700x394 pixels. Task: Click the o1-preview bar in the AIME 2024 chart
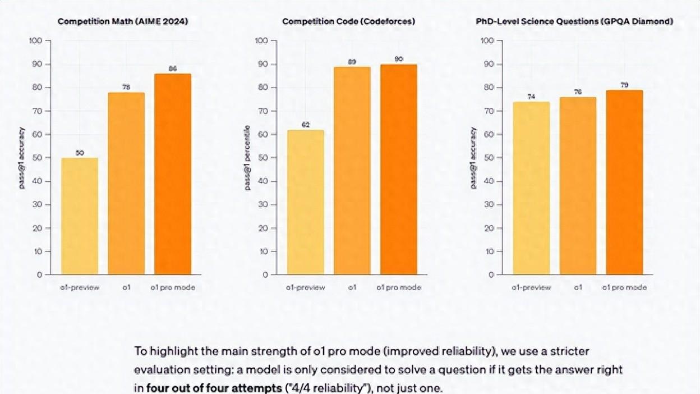[x=80, y=216]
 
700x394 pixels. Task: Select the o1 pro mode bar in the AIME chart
[x=173, y=174]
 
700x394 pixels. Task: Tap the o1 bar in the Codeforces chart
[x=352, y=171]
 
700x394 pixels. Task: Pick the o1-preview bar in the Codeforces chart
[x=305, y=202]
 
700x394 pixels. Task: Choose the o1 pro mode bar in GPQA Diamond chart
[x=624, y=182]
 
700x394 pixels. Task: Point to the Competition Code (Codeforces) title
[x=348, y=21]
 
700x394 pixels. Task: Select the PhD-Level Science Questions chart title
[x=574, y=21]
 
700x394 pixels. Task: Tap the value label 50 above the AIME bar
[x=80, y=153]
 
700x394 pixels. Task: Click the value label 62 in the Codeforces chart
[x=305, y=125]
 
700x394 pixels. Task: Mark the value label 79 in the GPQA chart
[x=624, y=85]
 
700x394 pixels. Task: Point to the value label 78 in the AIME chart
[x=126, y=88]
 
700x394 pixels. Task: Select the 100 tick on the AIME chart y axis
[x=35, y=40]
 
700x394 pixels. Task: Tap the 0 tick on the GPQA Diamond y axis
[x=491, y=274]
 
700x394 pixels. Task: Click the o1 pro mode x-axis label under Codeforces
[x=398, y=287]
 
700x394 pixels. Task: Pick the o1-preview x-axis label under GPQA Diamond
[x=531, y=287]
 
